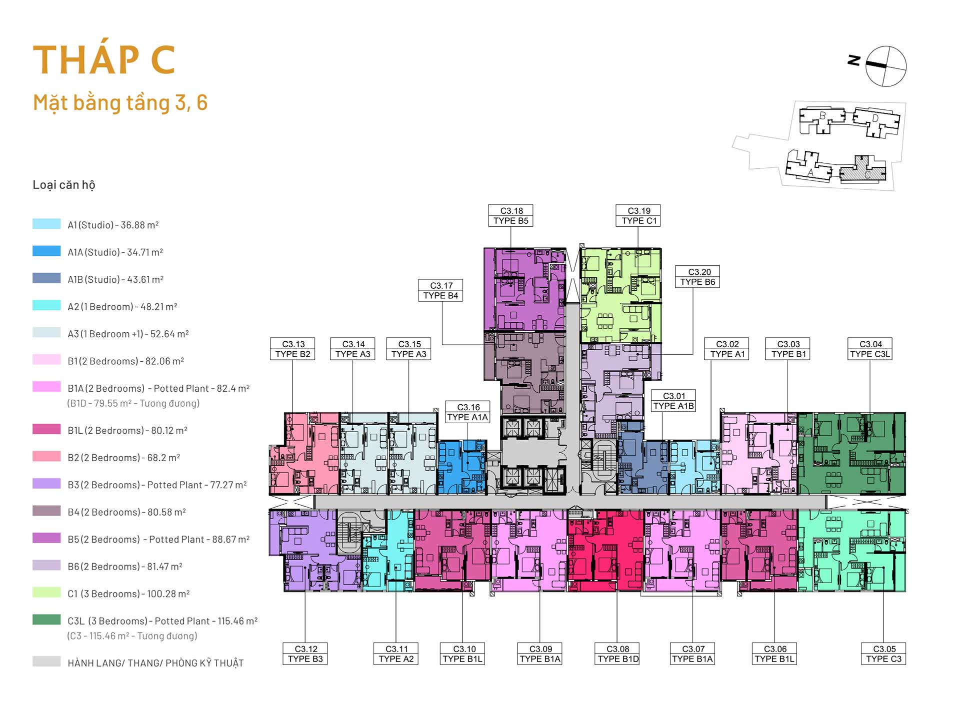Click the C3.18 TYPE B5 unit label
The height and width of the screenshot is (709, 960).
(510, 215)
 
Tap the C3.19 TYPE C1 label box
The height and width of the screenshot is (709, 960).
(638, 215)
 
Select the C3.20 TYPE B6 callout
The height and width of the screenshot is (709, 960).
(697, 277)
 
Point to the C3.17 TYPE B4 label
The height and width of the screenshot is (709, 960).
(440, 290)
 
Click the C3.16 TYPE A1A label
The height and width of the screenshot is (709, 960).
(467, 412)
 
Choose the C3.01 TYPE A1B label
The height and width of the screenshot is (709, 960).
(673, 401)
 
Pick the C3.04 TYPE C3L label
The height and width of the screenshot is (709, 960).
(870, 349)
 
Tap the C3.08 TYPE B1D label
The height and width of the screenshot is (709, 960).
(618, 654)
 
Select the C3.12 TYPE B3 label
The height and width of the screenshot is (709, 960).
(305, 654)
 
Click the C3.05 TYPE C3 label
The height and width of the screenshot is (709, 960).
(883, 654)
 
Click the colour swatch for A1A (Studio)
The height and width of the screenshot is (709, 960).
(46, 251)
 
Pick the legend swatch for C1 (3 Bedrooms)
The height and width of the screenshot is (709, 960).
(46, 592)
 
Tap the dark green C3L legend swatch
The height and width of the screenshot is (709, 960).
(46, 620)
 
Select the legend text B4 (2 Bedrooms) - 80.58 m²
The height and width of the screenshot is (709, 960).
(127, 512)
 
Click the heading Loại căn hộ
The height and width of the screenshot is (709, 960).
(64, 185)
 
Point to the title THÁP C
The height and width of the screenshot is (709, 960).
(104, 60)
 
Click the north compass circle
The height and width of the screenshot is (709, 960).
(886, 66)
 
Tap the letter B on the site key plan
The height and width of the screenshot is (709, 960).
(822, 116)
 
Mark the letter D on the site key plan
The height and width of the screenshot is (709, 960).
(875, 118)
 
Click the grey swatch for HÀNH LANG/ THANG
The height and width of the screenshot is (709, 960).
(46, 661)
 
